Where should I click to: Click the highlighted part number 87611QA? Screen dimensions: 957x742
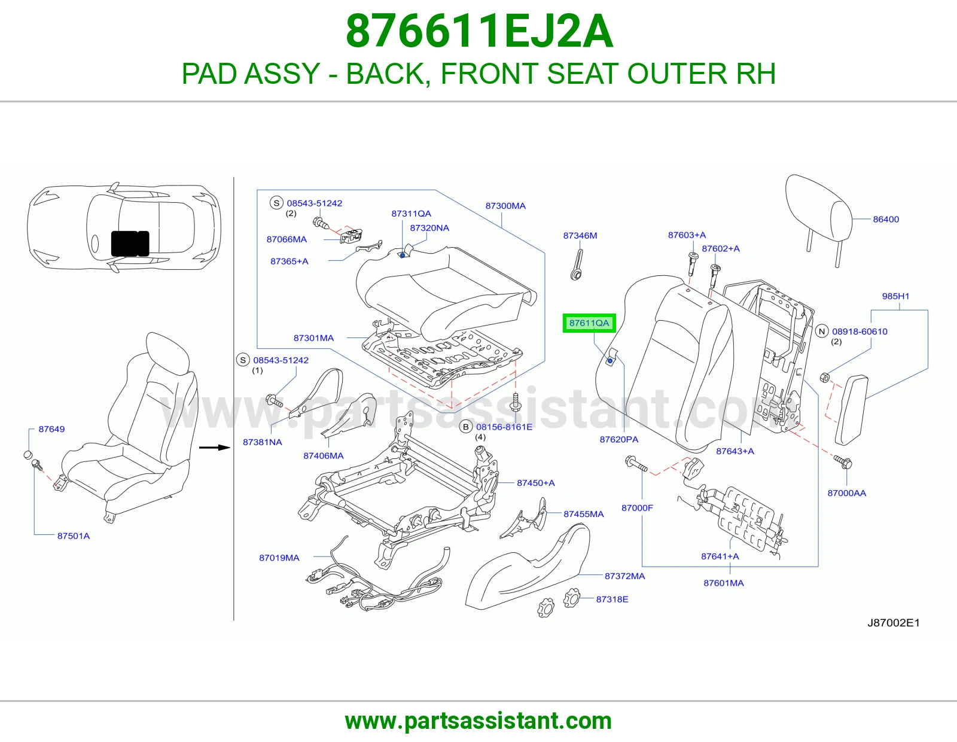[589, 323]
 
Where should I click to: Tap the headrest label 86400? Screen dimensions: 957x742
[886, 219]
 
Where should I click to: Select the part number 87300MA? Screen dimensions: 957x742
[505, 206]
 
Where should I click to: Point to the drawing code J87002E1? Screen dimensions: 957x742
[894, 622]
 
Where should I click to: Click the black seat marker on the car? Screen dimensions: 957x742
[130, 243]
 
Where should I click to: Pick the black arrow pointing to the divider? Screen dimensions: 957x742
[215, 448]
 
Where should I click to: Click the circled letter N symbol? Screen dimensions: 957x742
[822, 332]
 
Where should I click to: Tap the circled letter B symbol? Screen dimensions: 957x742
[465, 427]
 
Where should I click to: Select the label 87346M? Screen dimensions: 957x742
[580, 235]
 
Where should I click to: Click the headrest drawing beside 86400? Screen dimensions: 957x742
[819, 216]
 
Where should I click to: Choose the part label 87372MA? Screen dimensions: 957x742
[624, 576]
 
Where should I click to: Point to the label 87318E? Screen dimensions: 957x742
[612, 599]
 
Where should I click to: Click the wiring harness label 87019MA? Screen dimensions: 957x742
[279, 558]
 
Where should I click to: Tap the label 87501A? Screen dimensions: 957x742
[73, 536]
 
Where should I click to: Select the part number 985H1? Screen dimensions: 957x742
[895, 296]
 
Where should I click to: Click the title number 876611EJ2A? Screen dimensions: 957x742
[479, 31]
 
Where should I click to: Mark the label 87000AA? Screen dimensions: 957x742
[846, 493]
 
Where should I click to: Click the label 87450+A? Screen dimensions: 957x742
[535, 483]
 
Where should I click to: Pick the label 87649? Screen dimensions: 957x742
[51, 429]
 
